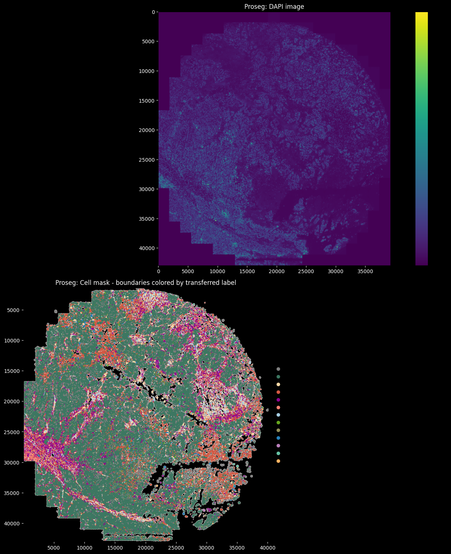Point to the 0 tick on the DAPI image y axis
point(153,12)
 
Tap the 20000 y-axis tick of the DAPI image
point(147,130)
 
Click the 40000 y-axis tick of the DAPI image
point(147,248)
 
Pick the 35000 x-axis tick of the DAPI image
point(365,271)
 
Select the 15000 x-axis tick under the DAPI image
point(247,271)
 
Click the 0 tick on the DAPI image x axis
point(159,271)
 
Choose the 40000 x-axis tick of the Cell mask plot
point(268,548)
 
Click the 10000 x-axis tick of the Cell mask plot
point(84,548)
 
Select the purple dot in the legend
point(278,400)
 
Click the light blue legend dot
point(278,415)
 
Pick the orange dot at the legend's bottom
point(278,461)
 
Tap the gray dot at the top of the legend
point(278,369)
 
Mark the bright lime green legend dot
point(278,423)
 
